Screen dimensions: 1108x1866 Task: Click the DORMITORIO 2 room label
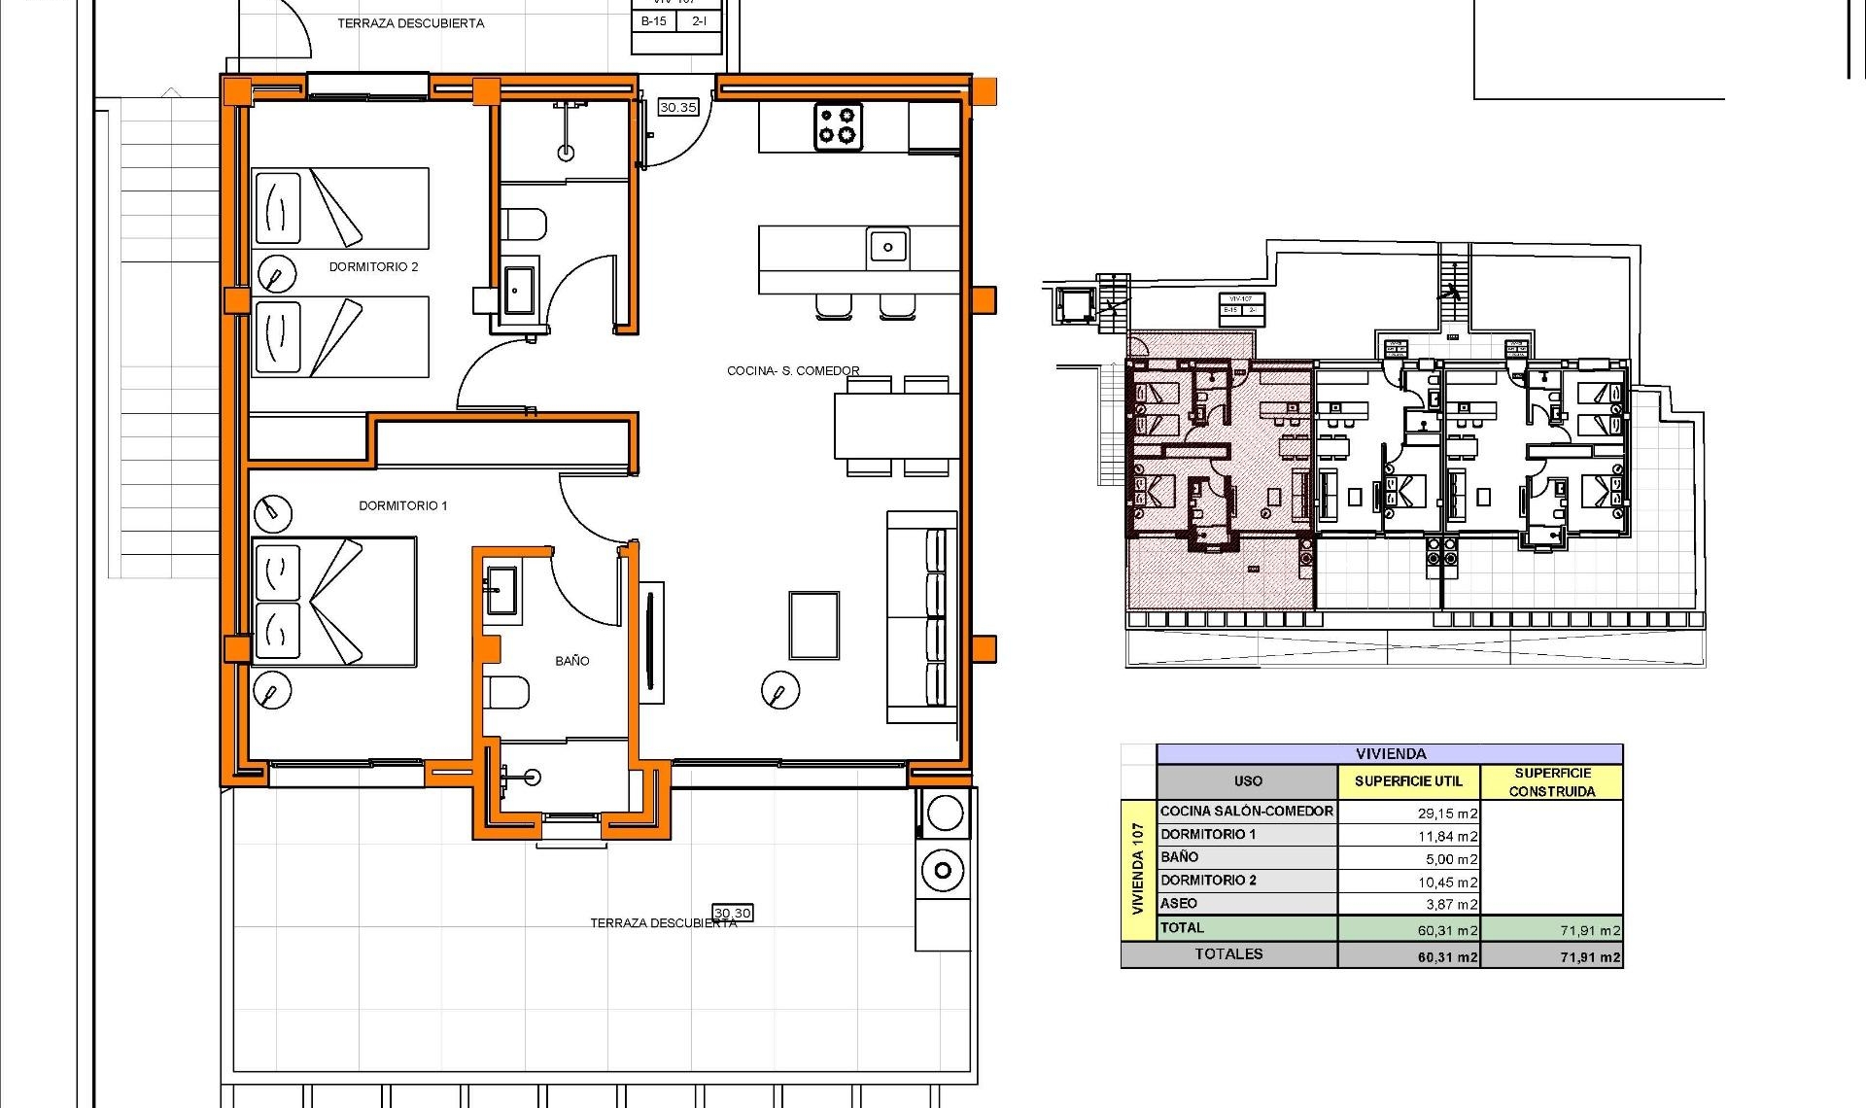(373, 266)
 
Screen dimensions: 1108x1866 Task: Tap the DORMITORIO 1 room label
(402, 505)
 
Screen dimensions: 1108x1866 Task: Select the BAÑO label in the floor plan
(571, 661)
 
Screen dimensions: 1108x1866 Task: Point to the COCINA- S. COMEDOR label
(793, 370)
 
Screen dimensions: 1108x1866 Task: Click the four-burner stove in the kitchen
(838, 127)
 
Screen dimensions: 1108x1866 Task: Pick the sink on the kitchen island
(887, 247)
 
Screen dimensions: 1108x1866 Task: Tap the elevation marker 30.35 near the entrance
(677, 107)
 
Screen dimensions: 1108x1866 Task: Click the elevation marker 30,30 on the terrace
(732, 913)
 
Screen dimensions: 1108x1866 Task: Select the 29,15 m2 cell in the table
(1447, 814)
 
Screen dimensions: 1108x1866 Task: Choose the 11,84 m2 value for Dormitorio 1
(1447, 836)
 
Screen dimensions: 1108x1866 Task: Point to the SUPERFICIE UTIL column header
(1407, 781)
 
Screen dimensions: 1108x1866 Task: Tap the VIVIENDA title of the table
(1390, 753)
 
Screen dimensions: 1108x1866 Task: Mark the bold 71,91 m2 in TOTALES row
(1590, 957)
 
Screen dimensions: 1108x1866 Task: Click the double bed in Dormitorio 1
(333, 602)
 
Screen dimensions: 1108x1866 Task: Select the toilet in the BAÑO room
(507, 692)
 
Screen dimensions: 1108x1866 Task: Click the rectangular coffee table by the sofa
(813, 626)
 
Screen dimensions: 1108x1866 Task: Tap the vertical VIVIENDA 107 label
(1137, 869)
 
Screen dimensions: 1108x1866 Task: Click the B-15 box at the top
(653, 20)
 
